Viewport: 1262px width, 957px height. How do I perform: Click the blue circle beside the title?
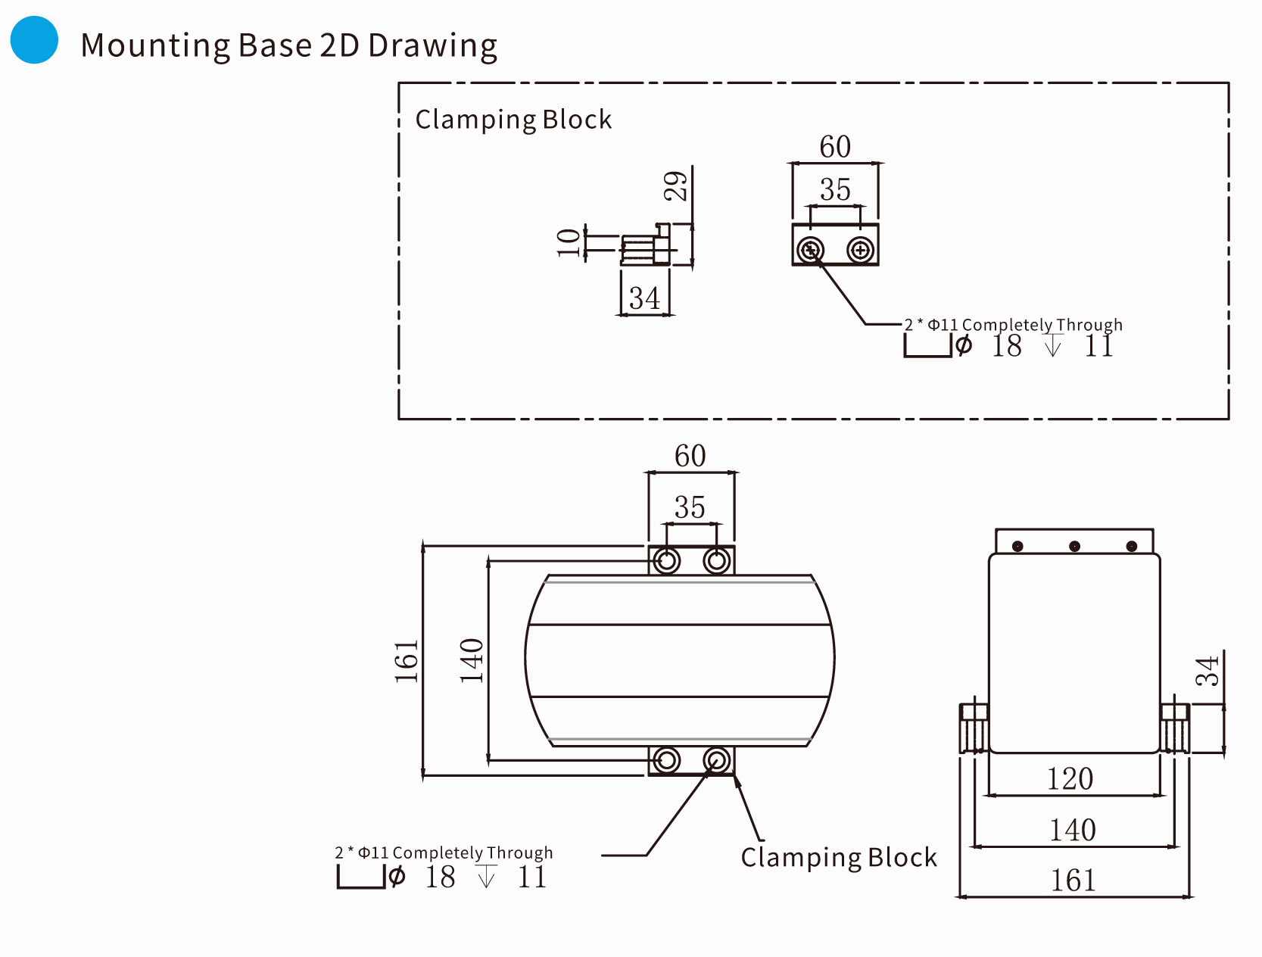[34, 40]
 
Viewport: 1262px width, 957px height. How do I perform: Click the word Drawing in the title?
[432, 46]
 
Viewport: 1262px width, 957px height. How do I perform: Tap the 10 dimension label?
[569, 242]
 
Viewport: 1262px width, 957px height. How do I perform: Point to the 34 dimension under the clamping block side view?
[644, 298]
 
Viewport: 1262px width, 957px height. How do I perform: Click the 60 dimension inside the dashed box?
[835, 147]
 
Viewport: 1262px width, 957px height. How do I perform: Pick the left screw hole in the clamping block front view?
[811, 249]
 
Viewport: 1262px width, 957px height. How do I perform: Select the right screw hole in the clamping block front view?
[860, 249]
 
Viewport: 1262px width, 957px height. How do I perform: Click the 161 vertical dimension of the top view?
[407, 661]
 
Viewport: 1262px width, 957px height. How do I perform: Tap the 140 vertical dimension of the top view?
[472, 660]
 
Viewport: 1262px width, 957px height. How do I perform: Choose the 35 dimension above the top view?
[690, 507]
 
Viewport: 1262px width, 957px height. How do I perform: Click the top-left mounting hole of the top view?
[667, 561]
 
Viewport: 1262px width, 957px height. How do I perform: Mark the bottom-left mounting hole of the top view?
[667, 759]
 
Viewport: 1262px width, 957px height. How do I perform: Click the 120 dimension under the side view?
[1070, 779]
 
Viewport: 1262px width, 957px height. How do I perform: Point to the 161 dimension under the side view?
[1073, 881]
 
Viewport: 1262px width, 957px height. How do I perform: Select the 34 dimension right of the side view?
[1207, 671]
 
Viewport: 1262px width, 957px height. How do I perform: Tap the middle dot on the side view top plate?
[1074, 546]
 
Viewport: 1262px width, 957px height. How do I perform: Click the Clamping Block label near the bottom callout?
[839, 858]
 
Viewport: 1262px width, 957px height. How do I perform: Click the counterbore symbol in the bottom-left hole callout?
[361, 878]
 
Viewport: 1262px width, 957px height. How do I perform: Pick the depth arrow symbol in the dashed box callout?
[1053, 346]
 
